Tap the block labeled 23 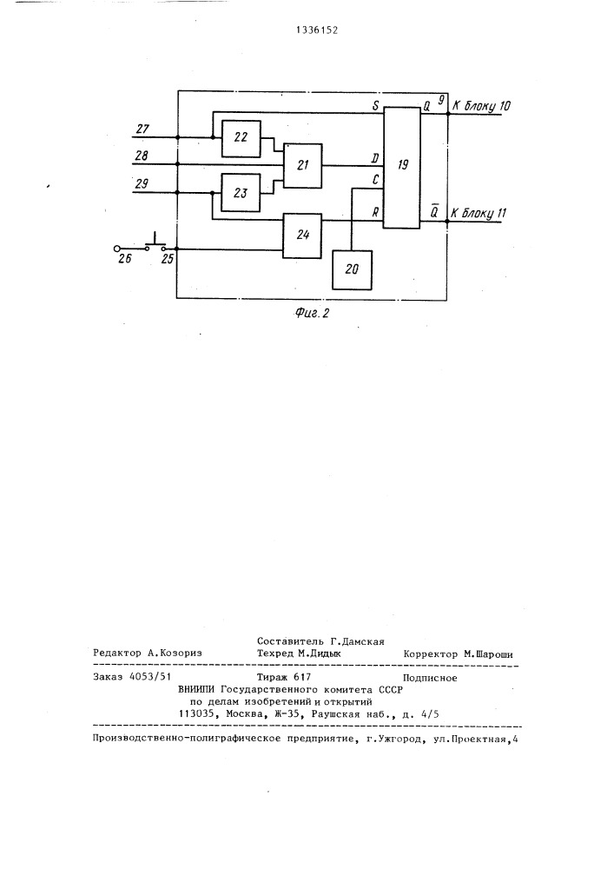pos(240,192)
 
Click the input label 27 pos(142,129)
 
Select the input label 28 pos(142,156)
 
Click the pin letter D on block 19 pos(374,158)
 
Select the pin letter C pos(375,181)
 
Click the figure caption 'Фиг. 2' pos(314,314)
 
